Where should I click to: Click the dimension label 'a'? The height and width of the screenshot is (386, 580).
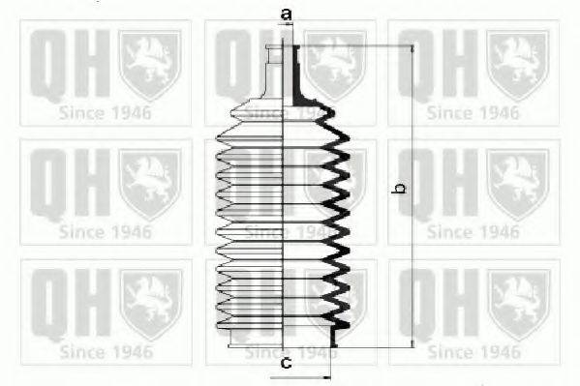[x=286, y=14]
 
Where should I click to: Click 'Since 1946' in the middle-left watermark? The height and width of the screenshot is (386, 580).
[x=105, y=231]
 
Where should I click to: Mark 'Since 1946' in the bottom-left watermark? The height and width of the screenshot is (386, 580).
[x=105, y=351]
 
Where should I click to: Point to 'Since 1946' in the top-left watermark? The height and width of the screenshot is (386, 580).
[x=105, y=111]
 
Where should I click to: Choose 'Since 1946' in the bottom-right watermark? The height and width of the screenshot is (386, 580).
[x=473, y=351]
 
